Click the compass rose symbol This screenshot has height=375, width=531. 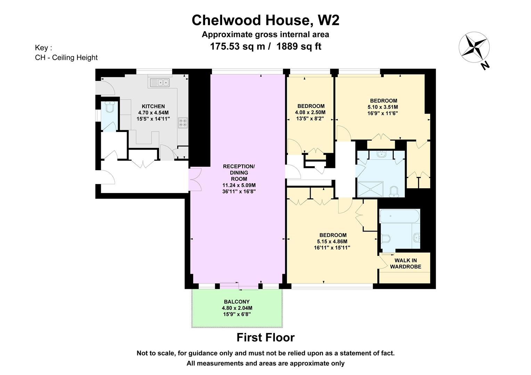(x=474, y=47)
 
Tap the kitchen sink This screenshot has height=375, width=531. (x=160, y=82)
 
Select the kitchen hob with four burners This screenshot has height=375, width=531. (x=183, y=123)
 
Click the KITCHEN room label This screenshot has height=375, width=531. (x=153, y=106)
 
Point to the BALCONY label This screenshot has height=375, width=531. (x=237, y=302)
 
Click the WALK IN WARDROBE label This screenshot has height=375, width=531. (x=406, y=264)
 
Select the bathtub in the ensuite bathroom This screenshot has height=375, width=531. (x=399, y=216)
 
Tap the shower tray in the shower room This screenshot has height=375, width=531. (x=370, y=189)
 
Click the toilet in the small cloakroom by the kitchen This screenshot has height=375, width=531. (x=109, y=107)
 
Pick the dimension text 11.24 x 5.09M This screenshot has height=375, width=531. (x=239, y=185)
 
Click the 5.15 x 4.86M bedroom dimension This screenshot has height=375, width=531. (x=332, y=241)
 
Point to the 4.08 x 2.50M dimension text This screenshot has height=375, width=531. (x=310, y=112)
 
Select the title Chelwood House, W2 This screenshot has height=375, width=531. (x=265, y=20)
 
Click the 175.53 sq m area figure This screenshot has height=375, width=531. (x=238, y=46)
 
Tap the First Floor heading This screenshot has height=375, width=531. (x=265, y=337)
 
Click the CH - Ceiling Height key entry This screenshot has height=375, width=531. (x=66, y=58)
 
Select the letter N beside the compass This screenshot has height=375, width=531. (x=485, y=65)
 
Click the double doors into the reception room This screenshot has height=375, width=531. (x=195, y=179)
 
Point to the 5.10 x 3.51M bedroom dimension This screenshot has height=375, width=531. (x=383, y=107)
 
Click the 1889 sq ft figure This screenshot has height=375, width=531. (x=299, y=46)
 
